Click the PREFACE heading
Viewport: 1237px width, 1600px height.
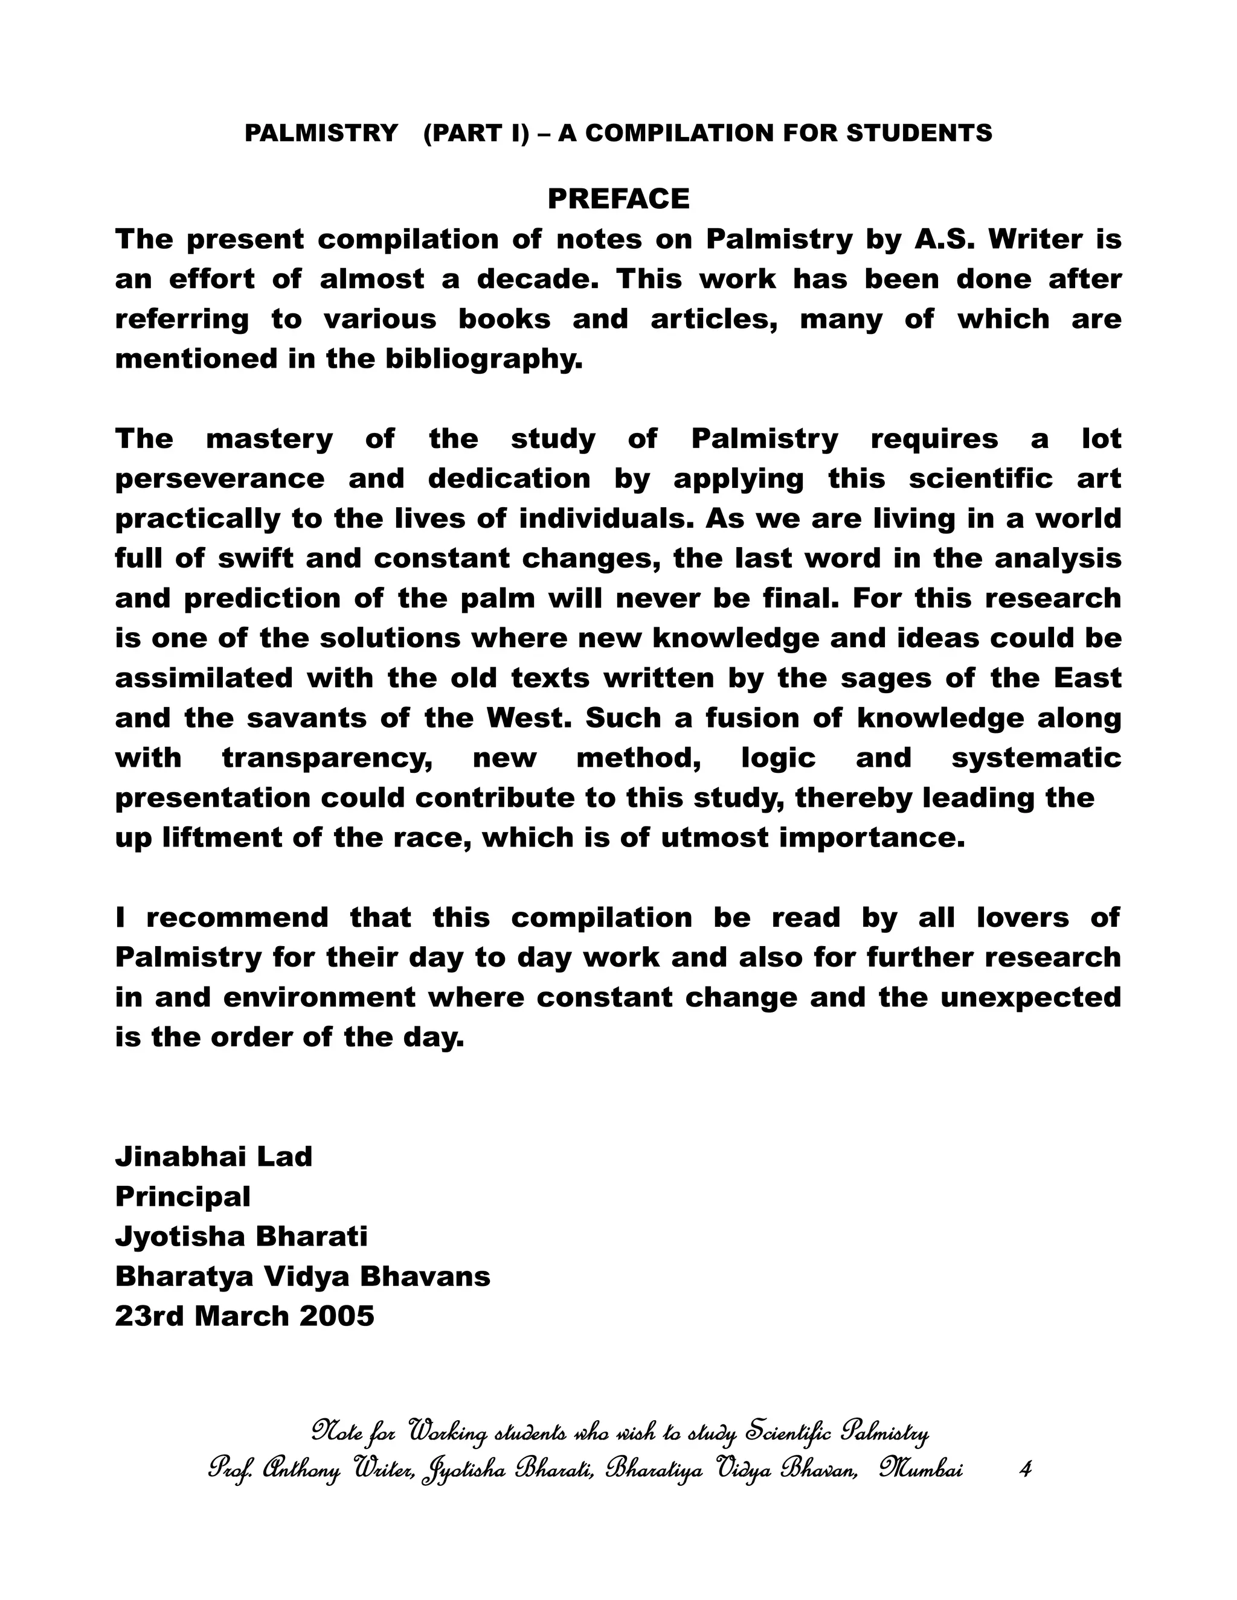tap(618, 199)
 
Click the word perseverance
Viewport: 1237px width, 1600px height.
tap(220, 479)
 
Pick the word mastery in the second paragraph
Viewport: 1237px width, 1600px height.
tap(269, 439)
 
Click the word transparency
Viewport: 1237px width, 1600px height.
tap(327, 758)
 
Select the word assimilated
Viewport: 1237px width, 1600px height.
tap(204, 679)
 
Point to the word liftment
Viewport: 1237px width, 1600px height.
tap(220, 838)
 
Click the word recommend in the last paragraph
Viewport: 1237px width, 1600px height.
tap(237, 918)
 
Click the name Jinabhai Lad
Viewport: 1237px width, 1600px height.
tap(213, 1157)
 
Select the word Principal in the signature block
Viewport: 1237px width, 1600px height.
tap(182, 1197)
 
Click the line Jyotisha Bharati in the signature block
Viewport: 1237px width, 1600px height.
tap(241, 1237)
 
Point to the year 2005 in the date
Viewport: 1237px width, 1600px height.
tap(337, 1316)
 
